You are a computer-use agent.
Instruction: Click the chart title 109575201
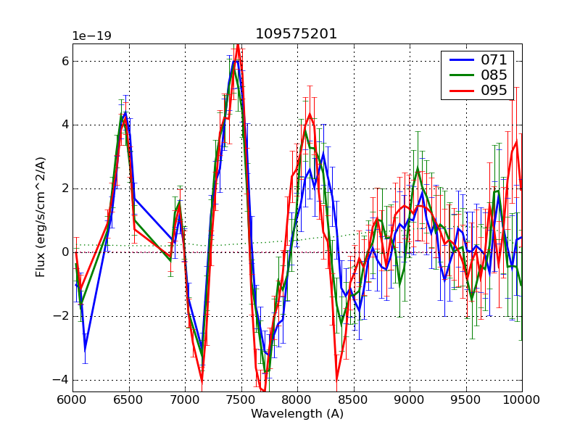(297, 34)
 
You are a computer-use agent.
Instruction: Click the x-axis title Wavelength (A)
(297, 414)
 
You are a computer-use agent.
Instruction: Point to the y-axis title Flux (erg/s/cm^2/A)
(41, 217)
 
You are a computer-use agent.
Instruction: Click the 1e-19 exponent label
(91, 36)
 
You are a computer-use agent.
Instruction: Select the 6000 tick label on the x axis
(72, 399)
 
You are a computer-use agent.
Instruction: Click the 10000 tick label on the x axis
(522, 399)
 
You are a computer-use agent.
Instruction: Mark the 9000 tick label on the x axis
(410, 399)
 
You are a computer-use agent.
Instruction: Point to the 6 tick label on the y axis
(65, 61)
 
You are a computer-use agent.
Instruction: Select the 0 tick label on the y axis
(65, 252)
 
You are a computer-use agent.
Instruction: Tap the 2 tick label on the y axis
(65, 188)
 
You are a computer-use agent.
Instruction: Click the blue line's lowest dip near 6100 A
(85, 349)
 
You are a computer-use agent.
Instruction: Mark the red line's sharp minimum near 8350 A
(336, 378)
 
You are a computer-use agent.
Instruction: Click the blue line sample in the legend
(457, 59)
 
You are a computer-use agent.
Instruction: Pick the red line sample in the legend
(457, 90)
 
